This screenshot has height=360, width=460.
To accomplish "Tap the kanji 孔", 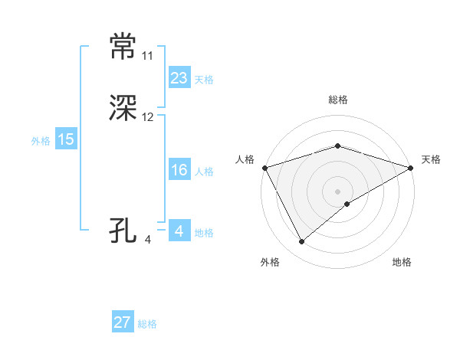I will point(123,231).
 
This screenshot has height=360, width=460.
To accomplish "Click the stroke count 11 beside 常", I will point(147,56).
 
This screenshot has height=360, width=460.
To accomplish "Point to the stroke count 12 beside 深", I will point(148,117).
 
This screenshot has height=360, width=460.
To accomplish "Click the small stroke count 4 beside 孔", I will point(148,240).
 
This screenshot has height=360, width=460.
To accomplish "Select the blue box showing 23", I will point(179,77).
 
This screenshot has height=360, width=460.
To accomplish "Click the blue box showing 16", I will point(179,170).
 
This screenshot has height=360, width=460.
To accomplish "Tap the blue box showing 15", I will point(65,139).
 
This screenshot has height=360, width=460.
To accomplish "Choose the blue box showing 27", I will point(123,322).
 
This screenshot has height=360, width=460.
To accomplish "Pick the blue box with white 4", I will point(179,231).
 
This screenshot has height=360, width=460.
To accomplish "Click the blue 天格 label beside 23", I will point(204,80).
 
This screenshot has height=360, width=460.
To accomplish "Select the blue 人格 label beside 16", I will point(204,172).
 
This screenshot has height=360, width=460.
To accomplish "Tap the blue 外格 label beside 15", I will point(41,141).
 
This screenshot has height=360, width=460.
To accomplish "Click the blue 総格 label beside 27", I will point(147,324).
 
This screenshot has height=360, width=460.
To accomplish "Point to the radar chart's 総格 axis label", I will point(337,100).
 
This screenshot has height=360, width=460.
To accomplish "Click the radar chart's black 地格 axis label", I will point(402,262).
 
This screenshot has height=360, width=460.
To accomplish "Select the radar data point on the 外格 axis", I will point(301,242).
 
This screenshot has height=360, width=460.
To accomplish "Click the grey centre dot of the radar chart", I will point(337,191).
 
